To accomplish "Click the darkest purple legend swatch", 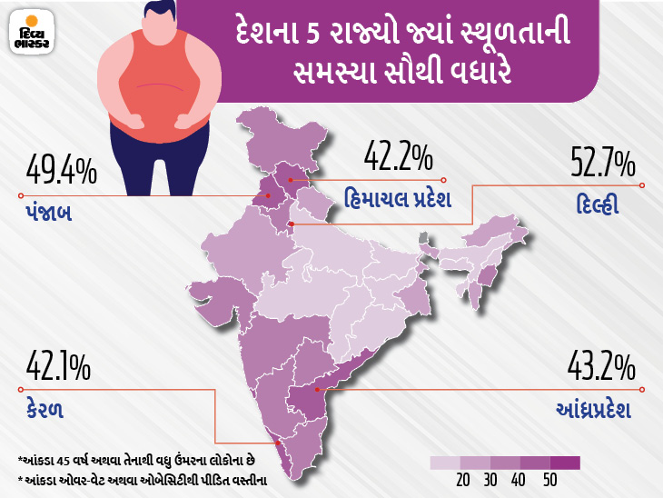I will [x=565, y=462].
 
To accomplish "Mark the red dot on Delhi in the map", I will [x=291, y=223].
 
